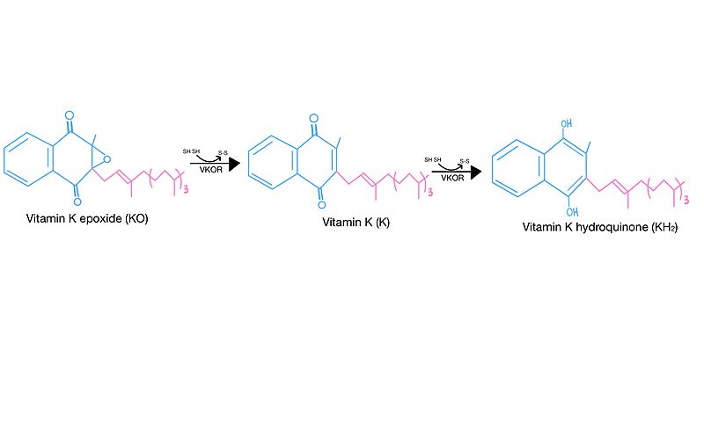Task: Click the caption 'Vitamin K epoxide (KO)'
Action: [x=87, y=219]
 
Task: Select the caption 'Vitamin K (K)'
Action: [x=356, y=223]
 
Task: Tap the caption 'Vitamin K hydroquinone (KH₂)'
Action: [x=600, y=227]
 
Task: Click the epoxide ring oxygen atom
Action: [x=106, y=159]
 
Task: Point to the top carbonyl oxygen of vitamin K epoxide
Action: [x=70, y=115]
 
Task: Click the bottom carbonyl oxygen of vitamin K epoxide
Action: [x=77, y=202]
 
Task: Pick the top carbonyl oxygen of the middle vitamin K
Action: [x=314, y=119]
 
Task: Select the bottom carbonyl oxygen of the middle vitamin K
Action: [x=321, y=205]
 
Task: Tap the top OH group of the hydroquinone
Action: [x=567, y=123]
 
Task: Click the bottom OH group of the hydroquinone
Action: [x=572, y=211]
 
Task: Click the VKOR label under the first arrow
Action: [x=211, y=170]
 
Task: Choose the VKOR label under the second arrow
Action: [x=452, y=178]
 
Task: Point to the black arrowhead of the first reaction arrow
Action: [x=234, y=164]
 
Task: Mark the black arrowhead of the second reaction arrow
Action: [x=476, y=172]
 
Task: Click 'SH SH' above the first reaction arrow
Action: [x=191, y=151]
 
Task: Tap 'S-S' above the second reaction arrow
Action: [x=465, y=162]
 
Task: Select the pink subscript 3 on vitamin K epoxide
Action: [x=186, y=189]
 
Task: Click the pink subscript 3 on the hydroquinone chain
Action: [x=686, y=200]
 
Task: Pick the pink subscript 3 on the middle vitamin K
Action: [x=430, y=192]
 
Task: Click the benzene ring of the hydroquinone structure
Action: [x=517, y=168]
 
